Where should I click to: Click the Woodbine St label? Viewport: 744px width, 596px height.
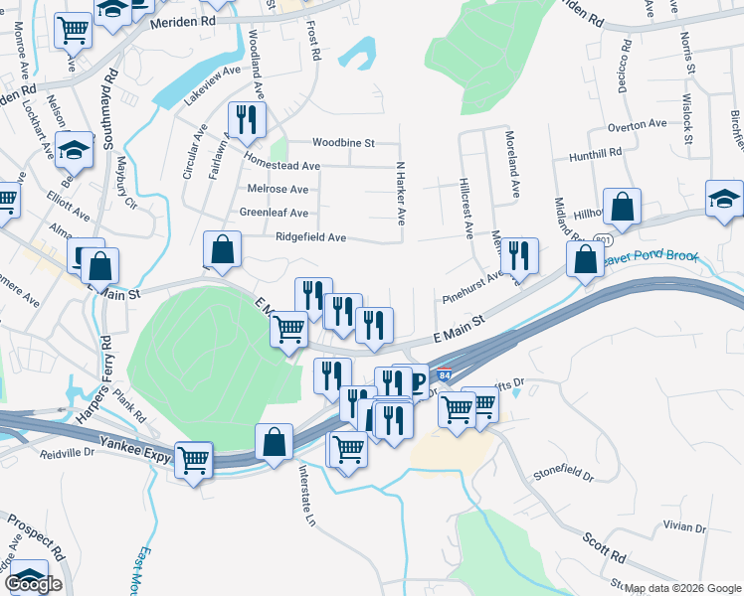(343, 143)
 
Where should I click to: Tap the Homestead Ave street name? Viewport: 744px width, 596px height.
(282, 166)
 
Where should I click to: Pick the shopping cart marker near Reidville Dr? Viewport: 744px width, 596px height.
(194, 460)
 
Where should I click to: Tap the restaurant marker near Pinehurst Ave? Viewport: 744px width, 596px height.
(519, 256)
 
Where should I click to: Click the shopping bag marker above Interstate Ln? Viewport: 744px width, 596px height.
(274, 442)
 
